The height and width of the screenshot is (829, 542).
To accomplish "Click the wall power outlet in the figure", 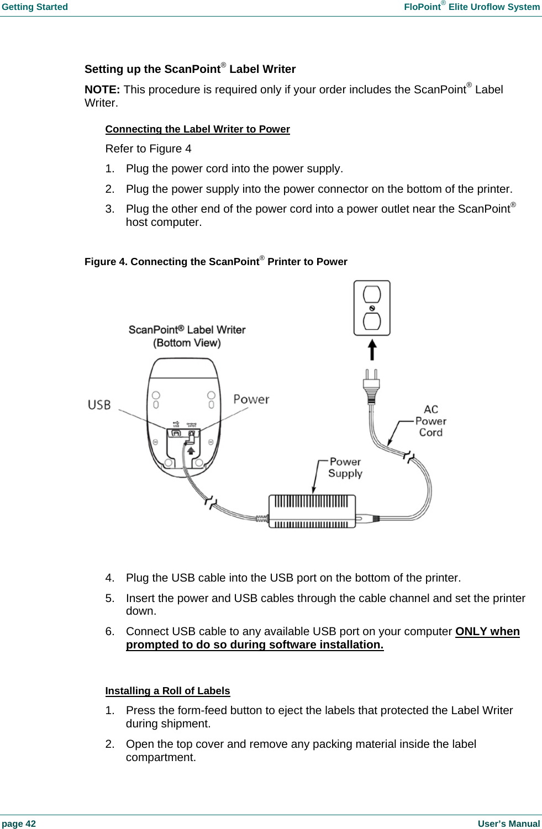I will click(372, 308).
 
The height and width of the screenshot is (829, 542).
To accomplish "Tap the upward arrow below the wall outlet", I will click(372, 350).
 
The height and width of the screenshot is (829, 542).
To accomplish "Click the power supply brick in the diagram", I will click(312, 511).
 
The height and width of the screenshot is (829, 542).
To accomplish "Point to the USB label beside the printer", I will click(99, 405).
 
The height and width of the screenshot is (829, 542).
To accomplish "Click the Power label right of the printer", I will click(251, 399).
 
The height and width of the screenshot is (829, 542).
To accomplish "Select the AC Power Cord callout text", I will click(431, 421).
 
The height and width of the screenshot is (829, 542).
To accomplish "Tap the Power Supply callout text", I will click(345, 467).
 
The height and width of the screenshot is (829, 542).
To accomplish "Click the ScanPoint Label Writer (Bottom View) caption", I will click(187, 336).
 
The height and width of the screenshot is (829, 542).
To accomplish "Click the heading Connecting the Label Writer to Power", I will click(197, 129).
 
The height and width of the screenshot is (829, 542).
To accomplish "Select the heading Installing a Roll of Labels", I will click(167, 691).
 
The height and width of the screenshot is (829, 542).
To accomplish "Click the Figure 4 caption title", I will click(215, 262).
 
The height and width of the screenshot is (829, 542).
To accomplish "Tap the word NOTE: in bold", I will click(102, 89).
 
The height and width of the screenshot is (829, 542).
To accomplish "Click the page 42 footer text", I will click(19, 823).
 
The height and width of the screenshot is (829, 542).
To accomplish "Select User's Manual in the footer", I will click(508, 823).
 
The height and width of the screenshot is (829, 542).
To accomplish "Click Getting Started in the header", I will click(35, 7).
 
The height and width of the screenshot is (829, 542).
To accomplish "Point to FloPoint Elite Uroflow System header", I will click(471, 7).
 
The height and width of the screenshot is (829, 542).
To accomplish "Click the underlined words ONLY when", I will click(487, 631).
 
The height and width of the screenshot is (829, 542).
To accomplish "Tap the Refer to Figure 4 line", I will click(148, 149).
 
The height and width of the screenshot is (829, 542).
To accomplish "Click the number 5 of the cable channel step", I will click(109, 598).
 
